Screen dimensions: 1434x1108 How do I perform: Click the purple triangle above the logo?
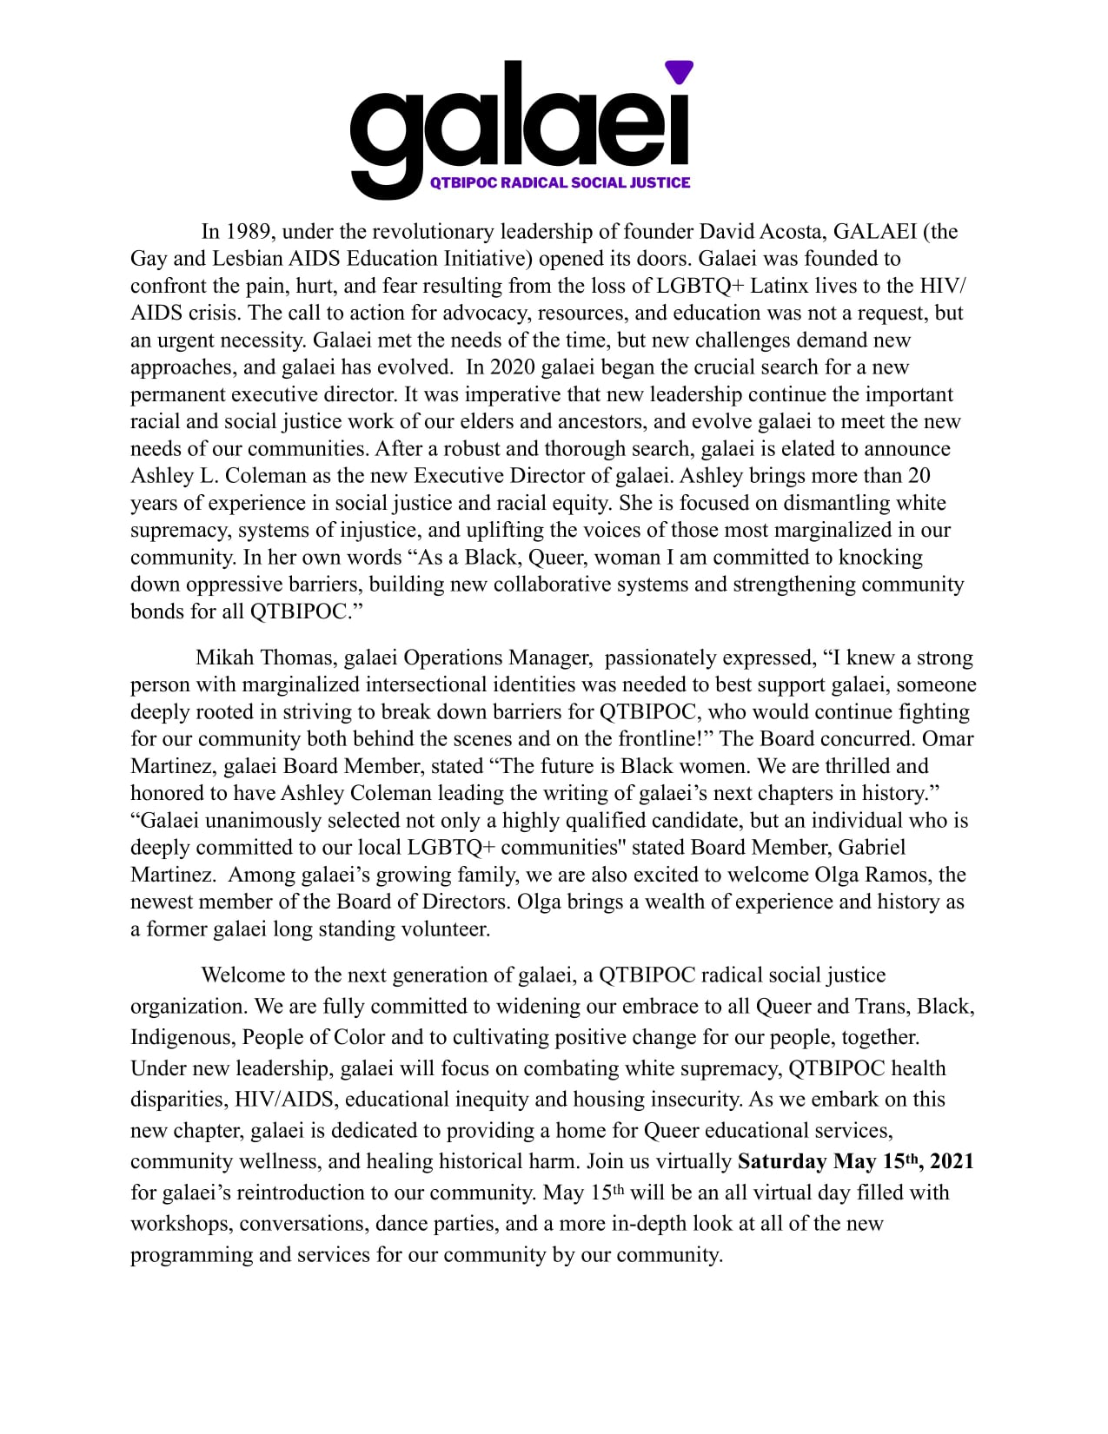click(x=679, y=71)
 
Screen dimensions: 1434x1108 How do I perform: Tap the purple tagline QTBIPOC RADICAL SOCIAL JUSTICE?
click(x=561, y=182)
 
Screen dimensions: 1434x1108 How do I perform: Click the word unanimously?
click(x=270, y=821)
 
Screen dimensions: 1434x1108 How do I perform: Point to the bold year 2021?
click(x=952, y=1162)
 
